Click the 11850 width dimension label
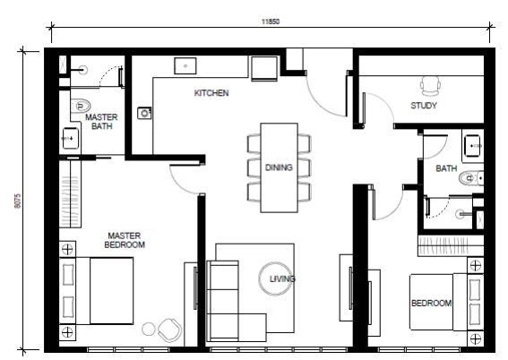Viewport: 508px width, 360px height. tap(271, 21)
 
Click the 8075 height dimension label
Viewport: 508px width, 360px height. tap(17, 201)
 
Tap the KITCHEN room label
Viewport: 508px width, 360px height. tap(211, 93)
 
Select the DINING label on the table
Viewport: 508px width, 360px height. tap(279, 167)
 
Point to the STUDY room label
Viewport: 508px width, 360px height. tap(424, 105)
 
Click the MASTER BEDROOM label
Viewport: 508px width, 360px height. tap(125, 240)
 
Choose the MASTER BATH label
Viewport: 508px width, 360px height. tap(101, 122)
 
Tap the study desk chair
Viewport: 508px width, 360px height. tap(430, 86)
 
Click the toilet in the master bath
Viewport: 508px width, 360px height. tap(80, 106)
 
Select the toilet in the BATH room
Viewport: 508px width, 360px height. tap(471, 177)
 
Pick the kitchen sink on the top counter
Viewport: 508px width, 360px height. tap(185, 66)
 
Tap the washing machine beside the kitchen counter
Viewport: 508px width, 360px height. tap(144, 114)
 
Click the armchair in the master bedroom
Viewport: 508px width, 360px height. tap(169, 330)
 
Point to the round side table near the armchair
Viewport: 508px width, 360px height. tap(149, 330)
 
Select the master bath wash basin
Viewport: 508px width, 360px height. tap(70, 138)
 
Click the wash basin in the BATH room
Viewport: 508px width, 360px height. tap(473, 146)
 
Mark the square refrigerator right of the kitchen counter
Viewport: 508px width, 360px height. tap(264, 68)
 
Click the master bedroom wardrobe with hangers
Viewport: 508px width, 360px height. tap(70, 194)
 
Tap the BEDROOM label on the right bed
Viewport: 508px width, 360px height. tap(432, 303)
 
